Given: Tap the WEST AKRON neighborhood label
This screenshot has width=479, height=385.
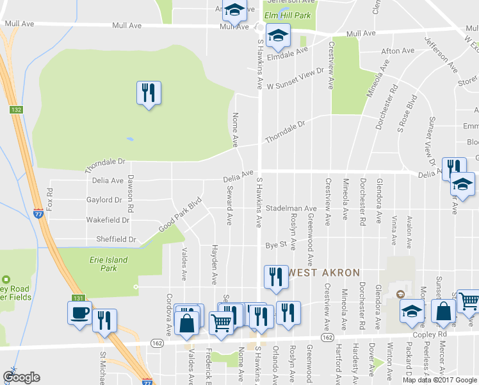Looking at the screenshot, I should [324, 273].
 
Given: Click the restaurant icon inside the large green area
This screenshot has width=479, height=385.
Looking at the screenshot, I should [149, 94].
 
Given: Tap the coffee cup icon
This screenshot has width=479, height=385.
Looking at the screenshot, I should [79, 313].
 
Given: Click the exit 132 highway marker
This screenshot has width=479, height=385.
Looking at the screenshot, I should [16, 110].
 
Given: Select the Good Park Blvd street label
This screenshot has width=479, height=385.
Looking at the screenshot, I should [181, 210].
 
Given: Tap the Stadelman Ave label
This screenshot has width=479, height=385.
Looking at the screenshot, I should [291, 209].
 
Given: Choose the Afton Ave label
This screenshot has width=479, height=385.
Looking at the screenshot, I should [398, 51].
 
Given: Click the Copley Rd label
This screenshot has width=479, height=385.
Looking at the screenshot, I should [434, 335].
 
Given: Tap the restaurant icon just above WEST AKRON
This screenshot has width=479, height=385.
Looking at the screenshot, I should [275, 277].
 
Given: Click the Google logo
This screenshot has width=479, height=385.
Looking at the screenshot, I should [21, 377].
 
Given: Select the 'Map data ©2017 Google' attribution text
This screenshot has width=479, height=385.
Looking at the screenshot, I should [439, 379].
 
